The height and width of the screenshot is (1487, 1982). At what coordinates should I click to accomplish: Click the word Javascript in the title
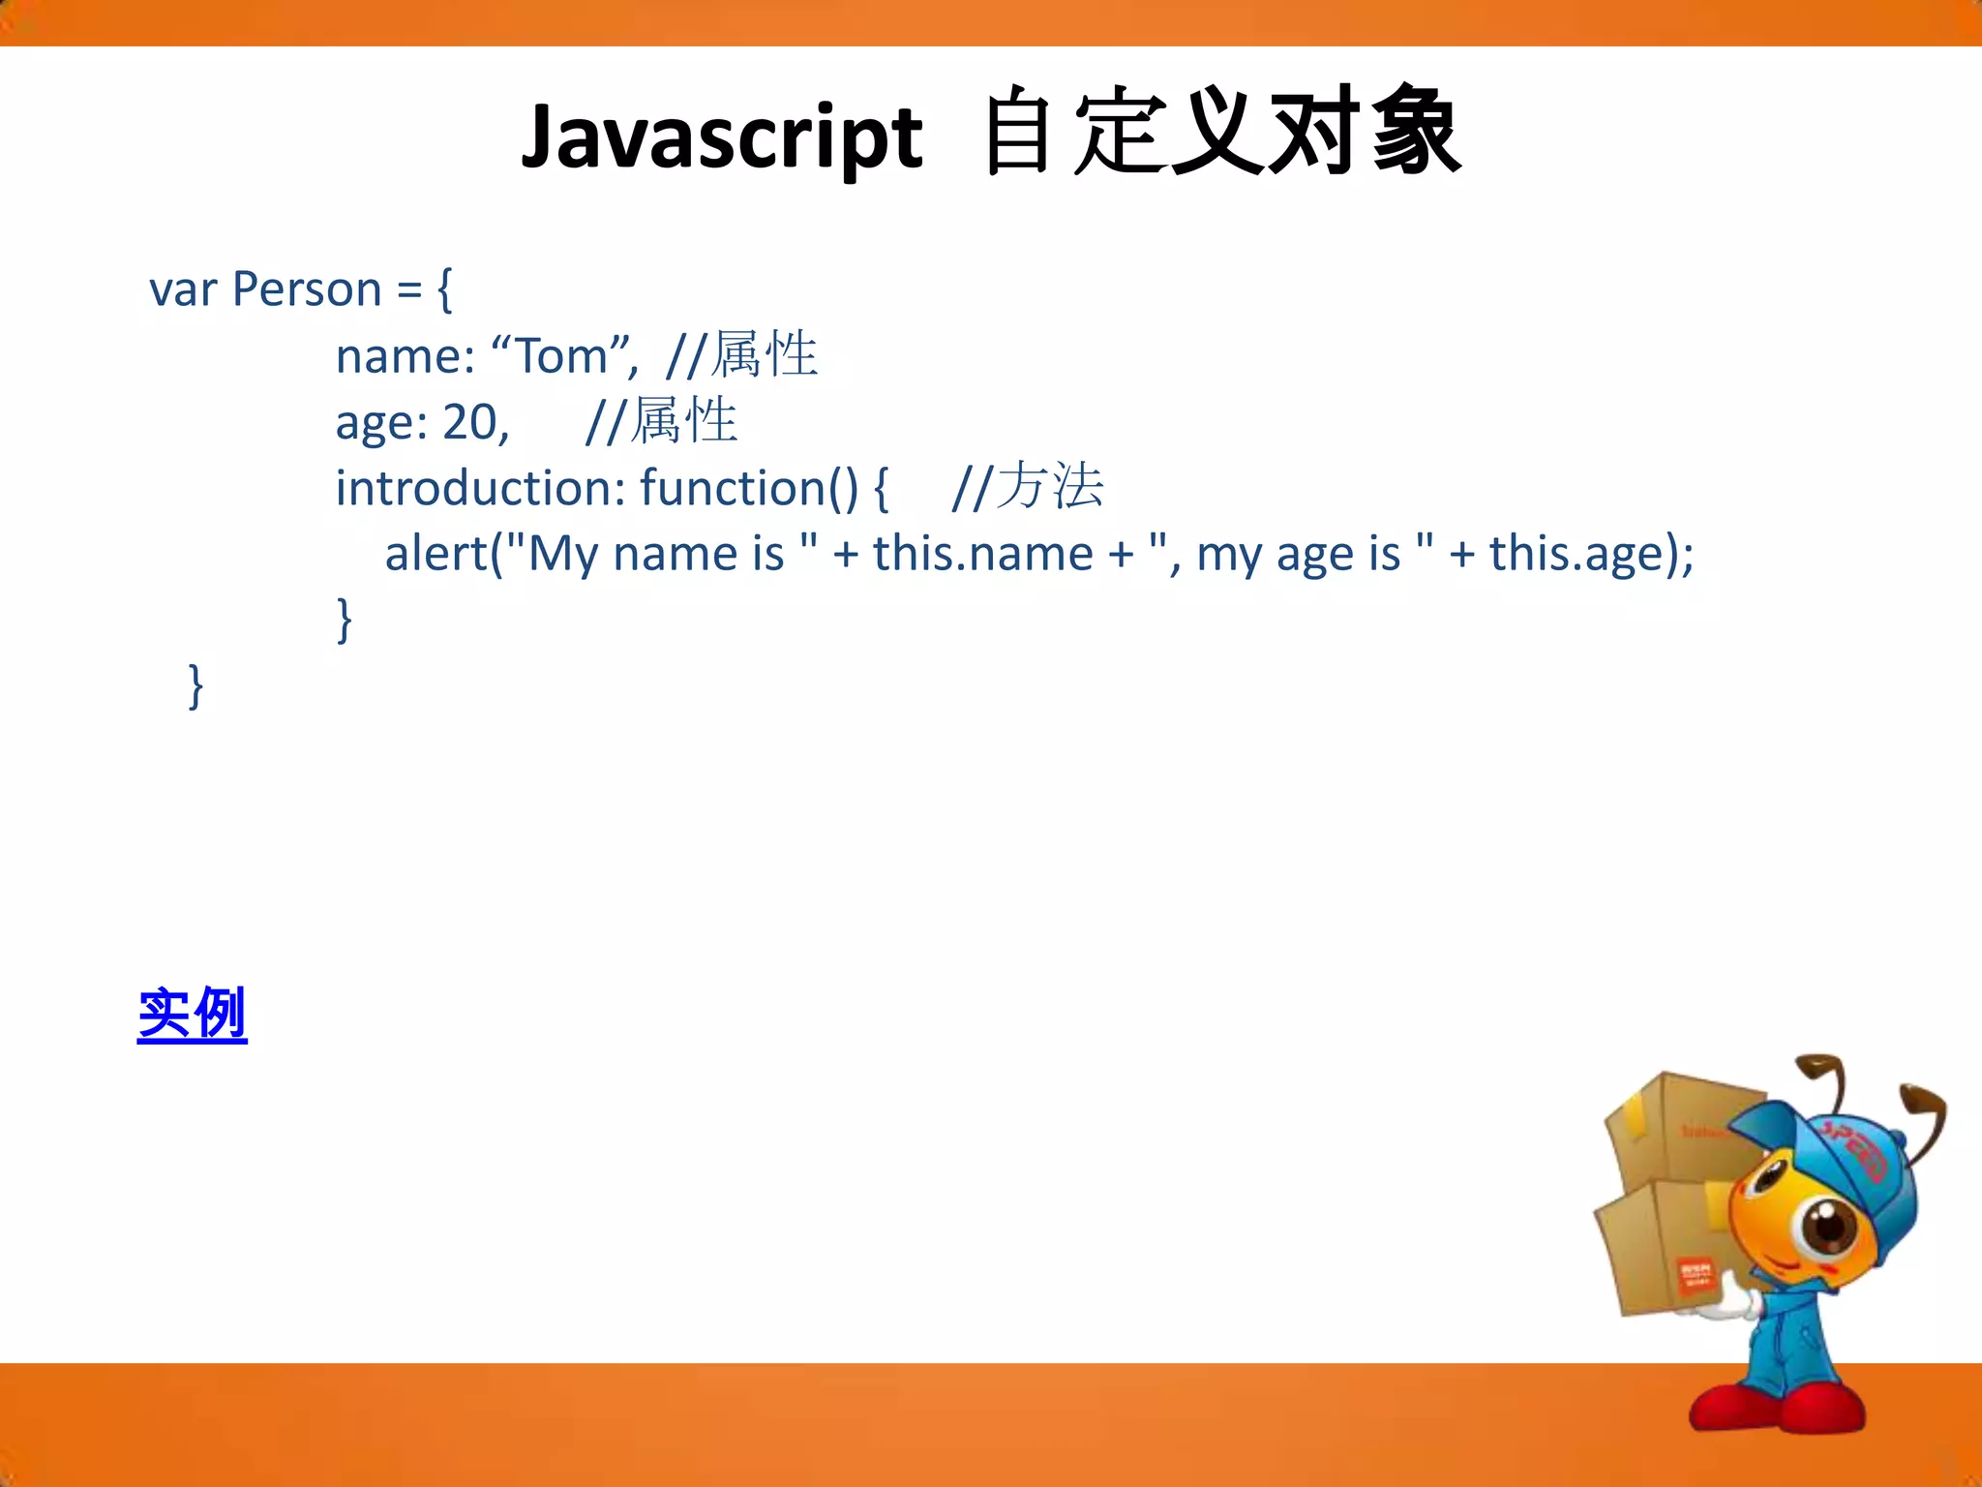click(721, 137)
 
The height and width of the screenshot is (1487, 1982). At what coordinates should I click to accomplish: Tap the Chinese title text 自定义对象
click(1221, 133)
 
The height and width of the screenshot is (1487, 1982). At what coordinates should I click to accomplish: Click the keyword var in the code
click(182, 289)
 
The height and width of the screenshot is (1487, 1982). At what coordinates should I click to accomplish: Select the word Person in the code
click(307, 289)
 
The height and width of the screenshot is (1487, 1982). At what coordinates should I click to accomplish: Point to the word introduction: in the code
click(480, 487)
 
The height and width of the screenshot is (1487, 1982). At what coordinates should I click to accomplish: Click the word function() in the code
click(748, 487)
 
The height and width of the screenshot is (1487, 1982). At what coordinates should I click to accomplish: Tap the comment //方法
click(1027, 487)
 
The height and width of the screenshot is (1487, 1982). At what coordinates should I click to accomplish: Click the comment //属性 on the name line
click(741, 355)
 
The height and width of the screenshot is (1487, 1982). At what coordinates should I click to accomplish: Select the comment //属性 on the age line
click(662, 422)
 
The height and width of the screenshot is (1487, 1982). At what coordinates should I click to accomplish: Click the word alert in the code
click(436, 554)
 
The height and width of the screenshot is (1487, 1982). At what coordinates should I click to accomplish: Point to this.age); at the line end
click(1591, 554)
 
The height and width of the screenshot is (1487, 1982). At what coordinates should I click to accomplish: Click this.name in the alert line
click(982, 554)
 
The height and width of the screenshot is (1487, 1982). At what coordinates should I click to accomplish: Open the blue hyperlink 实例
click(193, 1015)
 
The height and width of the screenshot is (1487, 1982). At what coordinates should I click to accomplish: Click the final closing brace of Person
click(195, 685)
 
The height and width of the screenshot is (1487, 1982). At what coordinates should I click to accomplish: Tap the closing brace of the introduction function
click(344, 620)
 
